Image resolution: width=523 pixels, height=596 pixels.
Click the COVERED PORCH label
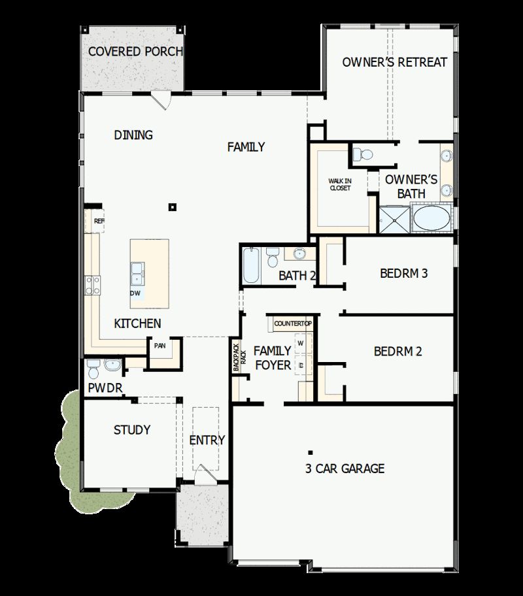pyautogui.click(x=135, y=51)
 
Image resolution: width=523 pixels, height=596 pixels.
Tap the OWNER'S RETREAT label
pyautogui.click(x=395, y=62)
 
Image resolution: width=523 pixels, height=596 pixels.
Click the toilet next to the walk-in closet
pyautogui.click(x=362, y=155)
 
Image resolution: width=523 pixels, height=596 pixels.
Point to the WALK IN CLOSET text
pyautogui.click(x=339, y=184)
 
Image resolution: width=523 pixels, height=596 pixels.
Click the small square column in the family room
pyautogui.click(x=173, y=207)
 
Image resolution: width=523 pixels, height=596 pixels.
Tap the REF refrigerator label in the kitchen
pyautogui.click(x=99, y=221)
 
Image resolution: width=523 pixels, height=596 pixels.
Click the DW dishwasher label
pyautogui.click(x=135, y=293)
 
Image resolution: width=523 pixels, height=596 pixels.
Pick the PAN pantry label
pyautogui.click(x=160, y=346)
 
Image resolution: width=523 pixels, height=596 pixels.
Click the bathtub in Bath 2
pyautogui.click(x=250, y=265)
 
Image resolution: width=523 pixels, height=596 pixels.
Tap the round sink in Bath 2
pyautogui.click(x=299, y=254)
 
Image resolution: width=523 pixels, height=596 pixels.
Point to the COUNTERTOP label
pyautogui.click(x=293, y=323)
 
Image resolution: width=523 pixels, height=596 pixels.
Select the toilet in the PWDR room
pyautogui.click(x=92, y=371)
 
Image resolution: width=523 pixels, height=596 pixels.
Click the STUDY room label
pyautogui.click(x=132, y=429)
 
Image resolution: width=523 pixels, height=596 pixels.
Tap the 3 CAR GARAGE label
pyautogui.click(x=345, y=468)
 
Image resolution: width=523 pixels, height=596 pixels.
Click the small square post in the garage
pyautogui.click(x=310, y=452)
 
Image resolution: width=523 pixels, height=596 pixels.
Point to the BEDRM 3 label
pyautogui.click(x=403, y=273)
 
